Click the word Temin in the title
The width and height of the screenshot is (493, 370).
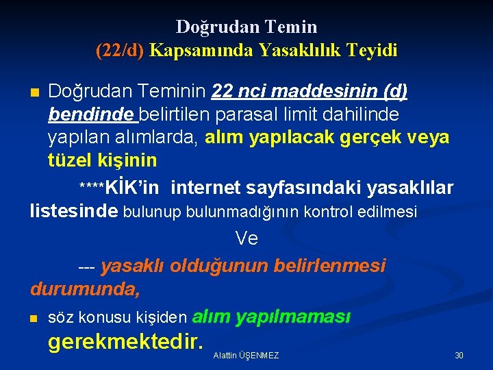point(294,27)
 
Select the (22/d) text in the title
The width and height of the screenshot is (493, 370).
point(120,50)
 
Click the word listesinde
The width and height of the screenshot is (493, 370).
point(73,211)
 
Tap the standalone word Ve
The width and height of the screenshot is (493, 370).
point(246,238)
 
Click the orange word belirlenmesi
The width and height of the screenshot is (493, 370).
point(329,265)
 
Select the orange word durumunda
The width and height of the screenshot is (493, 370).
point(85,289)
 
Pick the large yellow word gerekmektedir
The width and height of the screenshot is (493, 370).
point(126,341)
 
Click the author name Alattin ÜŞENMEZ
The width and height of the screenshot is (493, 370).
point(246,356)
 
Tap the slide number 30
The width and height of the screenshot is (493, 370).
point(459,356)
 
